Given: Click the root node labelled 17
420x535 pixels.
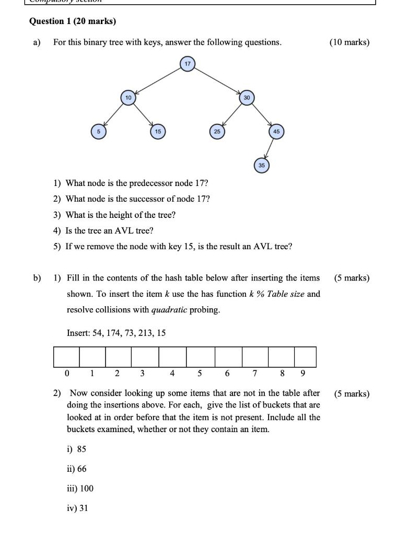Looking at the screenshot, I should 187,64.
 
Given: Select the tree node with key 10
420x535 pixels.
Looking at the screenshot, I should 128,98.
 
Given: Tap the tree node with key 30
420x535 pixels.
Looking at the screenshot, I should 247,98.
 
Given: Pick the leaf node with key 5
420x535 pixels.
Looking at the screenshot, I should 97,132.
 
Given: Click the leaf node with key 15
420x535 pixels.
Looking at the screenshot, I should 158,132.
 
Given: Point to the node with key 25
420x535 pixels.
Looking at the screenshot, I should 217,132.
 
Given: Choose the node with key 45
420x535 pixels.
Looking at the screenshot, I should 276,132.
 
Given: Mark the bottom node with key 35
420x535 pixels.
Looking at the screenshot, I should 262,165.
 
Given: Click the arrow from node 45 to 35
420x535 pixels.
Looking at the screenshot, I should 269,149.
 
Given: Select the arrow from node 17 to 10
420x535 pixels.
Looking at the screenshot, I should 158,81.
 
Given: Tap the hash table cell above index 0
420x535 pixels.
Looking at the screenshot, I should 66,357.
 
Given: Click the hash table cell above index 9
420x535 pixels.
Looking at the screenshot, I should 305,357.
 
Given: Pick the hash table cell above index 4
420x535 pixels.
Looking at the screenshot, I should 172,357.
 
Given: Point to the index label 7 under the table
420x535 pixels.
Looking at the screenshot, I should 254,374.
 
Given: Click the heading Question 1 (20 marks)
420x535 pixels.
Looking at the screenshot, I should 73,21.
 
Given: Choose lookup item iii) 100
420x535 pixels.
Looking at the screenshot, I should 80,489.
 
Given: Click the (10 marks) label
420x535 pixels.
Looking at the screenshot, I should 349,42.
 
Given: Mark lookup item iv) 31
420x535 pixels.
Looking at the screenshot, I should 77,508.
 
